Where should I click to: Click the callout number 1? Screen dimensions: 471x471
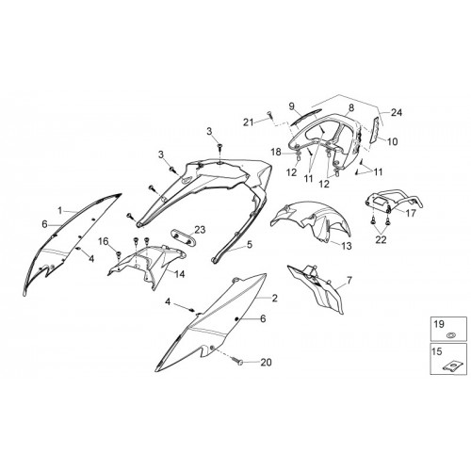[x=60, y=210]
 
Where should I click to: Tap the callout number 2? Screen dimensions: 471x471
[x=275, y=298]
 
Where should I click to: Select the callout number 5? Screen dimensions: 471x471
[x=250, y=245]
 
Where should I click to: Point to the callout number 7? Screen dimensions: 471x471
[x=349, y=280]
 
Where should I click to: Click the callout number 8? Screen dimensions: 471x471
[x=351, y=107]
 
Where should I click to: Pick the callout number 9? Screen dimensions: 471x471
[x=292, y=106]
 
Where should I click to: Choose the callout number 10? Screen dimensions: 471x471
[x=392, y=141]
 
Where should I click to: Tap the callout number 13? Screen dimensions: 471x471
[x=347, y=246]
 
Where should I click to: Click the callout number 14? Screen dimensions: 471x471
[x=180, y=274]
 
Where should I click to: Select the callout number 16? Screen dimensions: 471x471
[x=104, y=241]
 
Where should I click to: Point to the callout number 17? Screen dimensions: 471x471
[x=411, y=213]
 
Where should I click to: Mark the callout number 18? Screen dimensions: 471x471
[x=277, y=153]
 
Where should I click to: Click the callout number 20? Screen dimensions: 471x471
[x=266, y=363]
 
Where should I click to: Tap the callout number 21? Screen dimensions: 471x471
[x=249, y=122]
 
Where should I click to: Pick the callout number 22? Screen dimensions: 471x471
[x=381, y=239]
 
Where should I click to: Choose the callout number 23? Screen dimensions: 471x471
[x=200, y=230]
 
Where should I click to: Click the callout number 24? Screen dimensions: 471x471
[x=397, y=112]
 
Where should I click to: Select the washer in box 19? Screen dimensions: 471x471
[x=451, y=335]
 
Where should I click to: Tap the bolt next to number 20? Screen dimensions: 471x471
[x=237, y=361]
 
